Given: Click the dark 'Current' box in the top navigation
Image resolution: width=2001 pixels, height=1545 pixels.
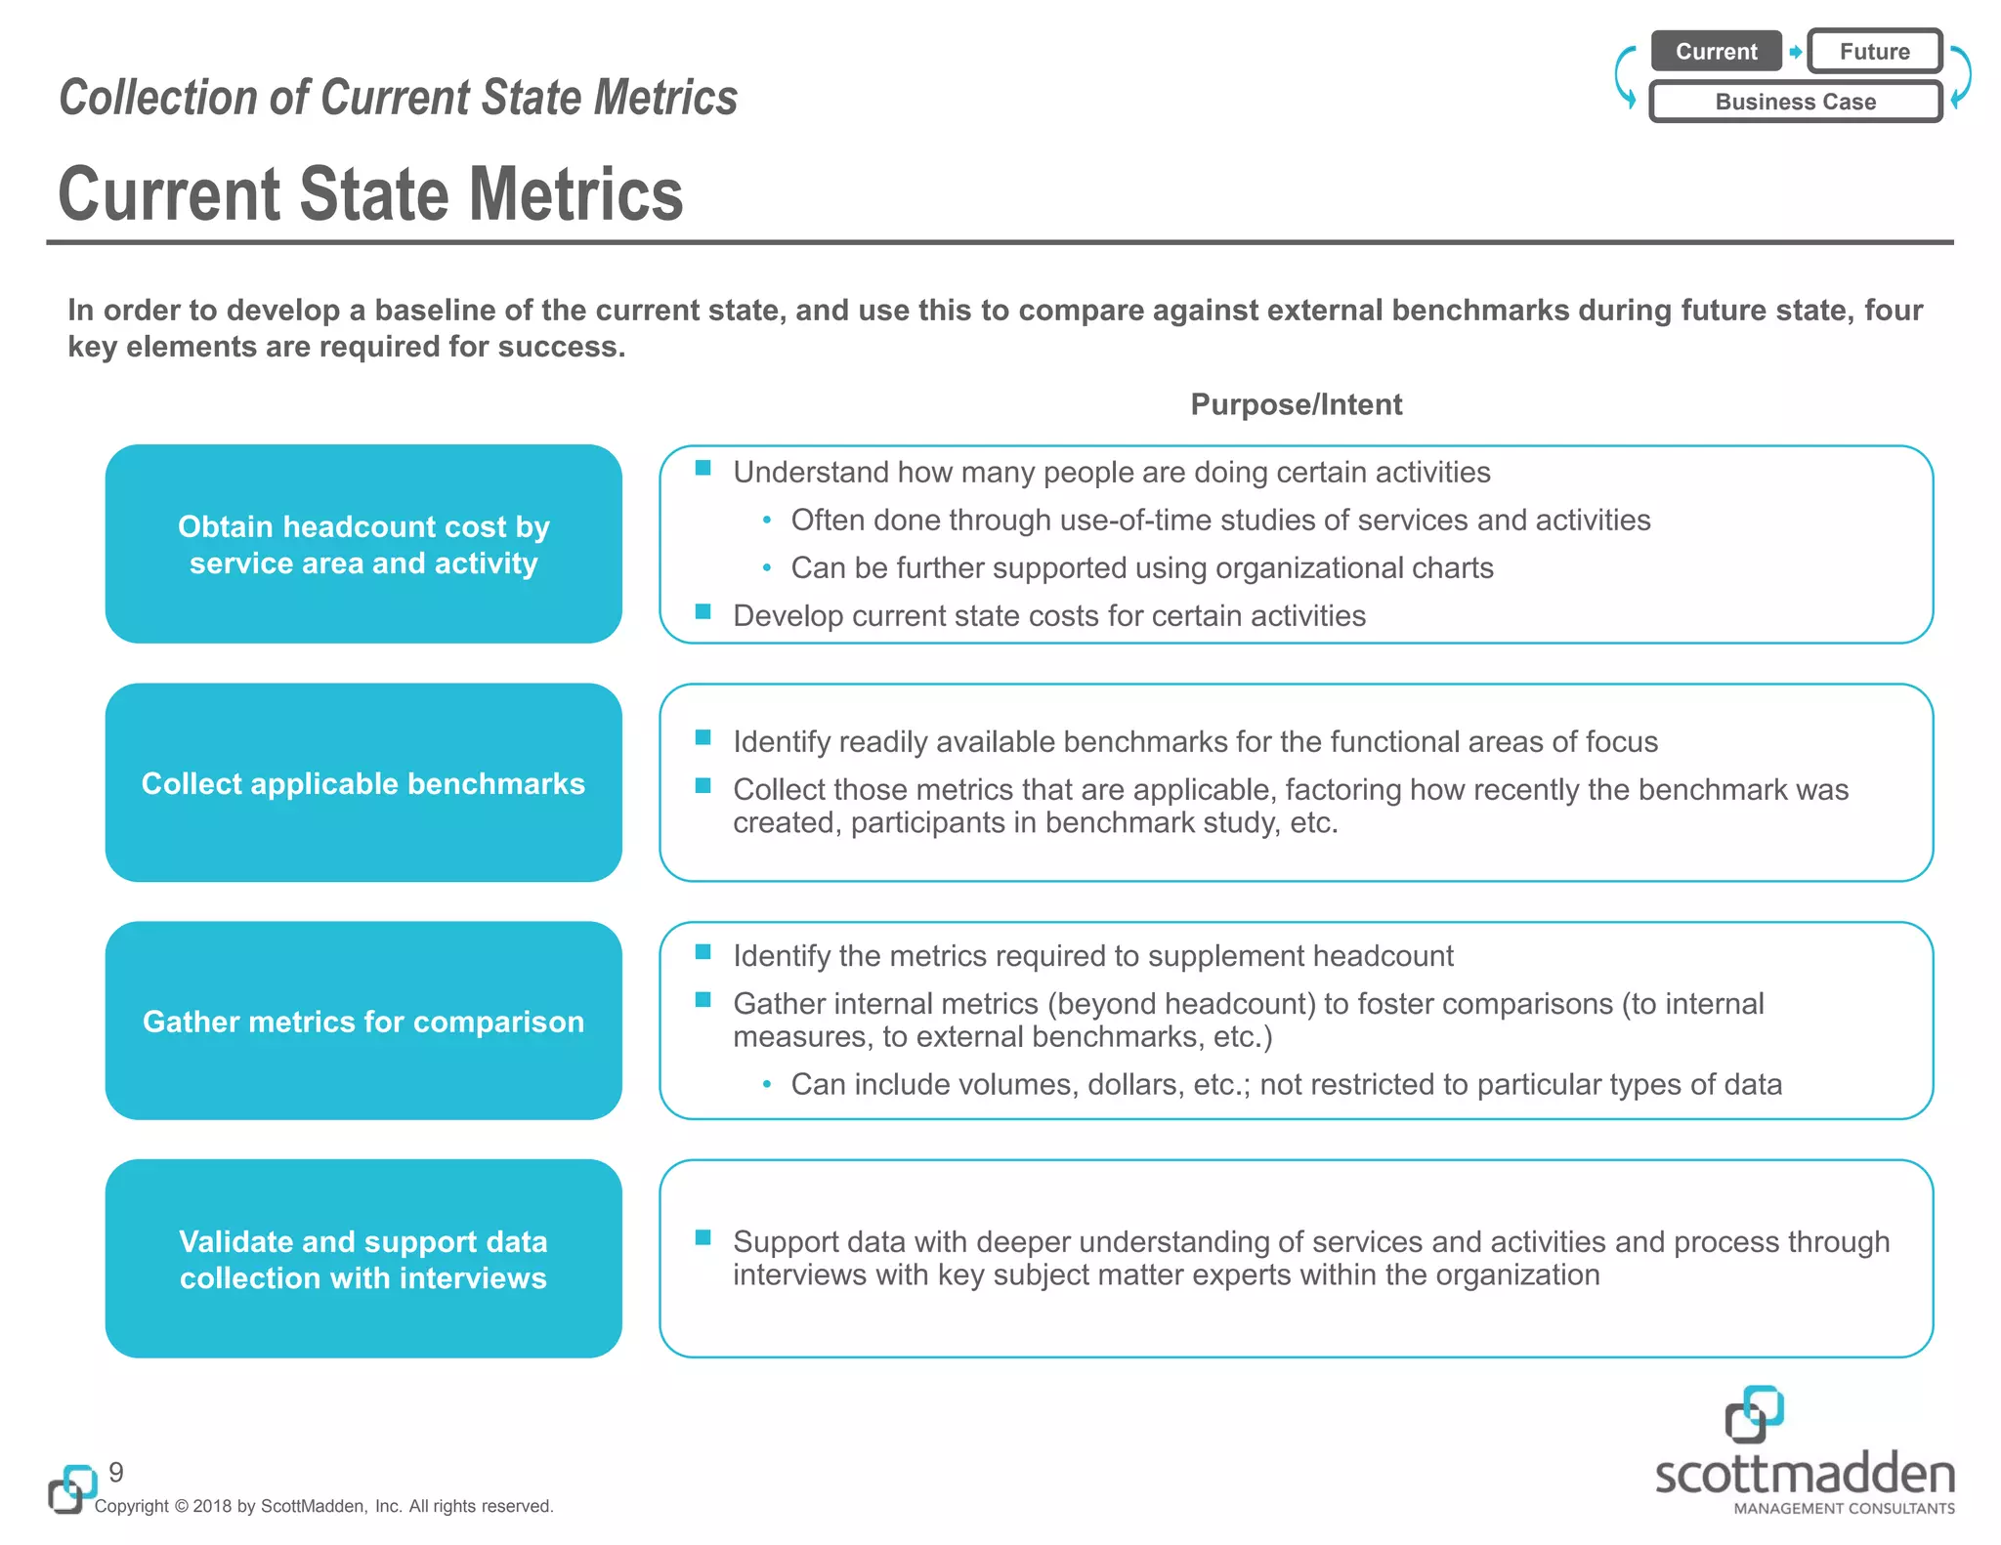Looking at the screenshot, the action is (1716, 52).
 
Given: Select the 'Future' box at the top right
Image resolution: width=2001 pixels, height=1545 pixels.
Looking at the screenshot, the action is (1874, 52).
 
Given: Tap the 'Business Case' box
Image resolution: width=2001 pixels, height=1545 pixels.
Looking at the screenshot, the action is (1795, 102).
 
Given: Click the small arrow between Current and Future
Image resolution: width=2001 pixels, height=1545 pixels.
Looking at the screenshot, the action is (1796, 52).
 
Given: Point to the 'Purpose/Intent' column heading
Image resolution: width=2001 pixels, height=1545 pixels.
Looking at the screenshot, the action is (1296, 404).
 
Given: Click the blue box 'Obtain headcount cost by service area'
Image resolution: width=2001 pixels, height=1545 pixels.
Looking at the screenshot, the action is (363, 544).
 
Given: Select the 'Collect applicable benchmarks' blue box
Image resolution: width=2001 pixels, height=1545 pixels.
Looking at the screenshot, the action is (363, 782).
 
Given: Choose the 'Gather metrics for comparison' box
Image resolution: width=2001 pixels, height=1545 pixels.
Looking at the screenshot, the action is (363, 1021).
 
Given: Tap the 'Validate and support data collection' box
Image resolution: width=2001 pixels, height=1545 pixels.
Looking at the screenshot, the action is (363, 1259).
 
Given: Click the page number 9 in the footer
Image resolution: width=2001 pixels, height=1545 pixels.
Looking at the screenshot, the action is (116, 1472).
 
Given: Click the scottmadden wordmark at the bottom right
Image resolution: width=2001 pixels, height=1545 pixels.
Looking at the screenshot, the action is (1804, 1475).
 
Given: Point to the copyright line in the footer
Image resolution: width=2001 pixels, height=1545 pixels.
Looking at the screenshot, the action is (323, 1506).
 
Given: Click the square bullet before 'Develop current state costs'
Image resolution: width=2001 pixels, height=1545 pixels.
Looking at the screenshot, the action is (702, 612).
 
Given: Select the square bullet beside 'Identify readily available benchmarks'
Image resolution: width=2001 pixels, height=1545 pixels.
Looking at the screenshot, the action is (702, 738).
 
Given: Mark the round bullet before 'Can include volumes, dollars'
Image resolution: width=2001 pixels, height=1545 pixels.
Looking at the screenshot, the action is (767, 1084).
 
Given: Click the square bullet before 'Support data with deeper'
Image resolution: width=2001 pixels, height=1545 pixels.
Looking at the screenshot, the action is (702, 1238).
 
